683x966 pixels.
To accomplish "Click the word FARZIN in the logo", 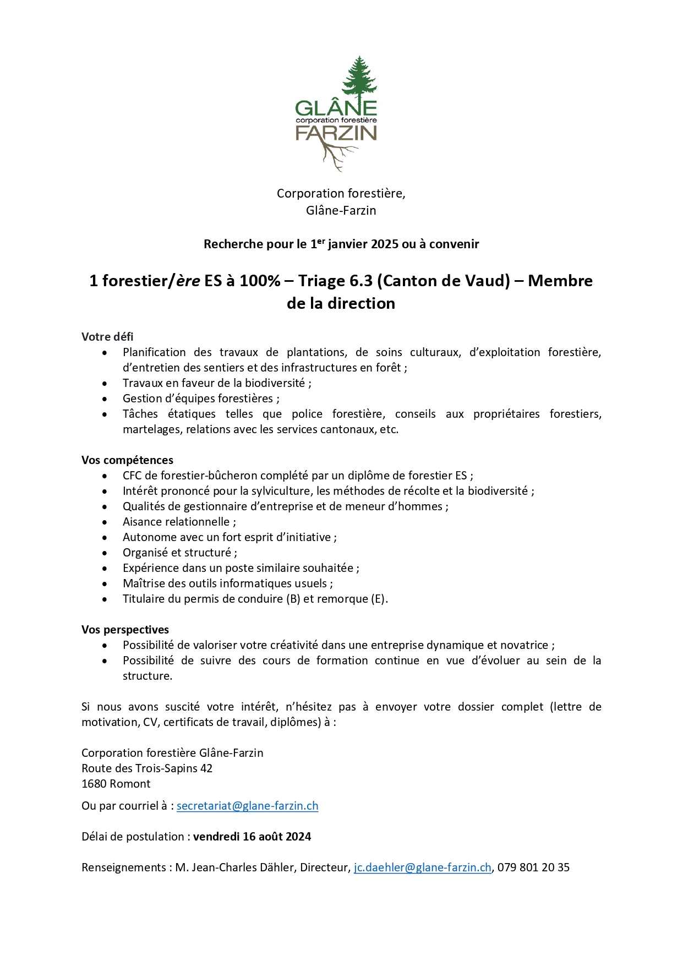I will click(336, 133).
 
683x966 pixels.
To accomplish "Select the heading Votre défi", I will click(107, 337).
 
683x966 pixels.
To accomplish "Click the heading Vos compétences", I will click(127, 460).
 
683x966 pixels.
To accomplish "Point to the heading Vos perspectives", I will click(125, 630).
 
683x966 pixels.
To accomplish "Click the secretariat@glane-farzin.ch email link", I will click(247, 806).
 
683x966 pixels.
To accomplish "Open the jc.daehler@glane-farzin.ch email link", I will click(422, 867).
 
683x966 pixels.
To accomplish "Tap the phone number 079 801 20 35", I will click(533, 867).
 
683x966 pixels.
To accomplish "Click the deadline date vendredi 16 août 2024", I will click(252, 837).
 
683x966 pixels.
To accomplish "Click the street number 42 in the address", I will click(206, 768).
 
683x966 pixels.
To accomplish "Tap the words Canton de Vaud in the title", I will click(444, 281).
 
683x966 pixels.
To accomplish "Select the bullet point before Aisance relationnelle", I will click(105, 522).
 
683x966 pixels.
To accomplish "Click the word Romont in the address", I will click(131, 784).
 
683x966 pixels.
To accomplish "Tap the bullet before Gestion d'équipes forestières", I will click(105, 399).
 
